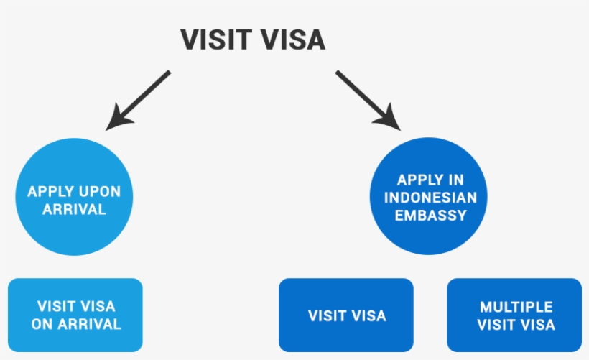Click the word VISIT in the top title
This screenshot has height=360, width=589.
(x=216, y=40)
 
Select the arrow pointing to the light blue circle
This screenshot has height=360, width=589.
(x=141, y=98)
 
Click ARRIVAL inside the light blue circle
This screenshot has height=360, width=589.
(x=74, y=210)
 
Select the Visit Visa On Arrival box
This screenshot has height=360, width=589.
(x=75, y=315)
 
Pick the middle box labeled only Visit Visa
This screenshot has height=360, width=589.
(x=346, y=315)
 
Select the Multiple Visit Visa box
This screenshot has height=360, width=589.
(x=514, y=315)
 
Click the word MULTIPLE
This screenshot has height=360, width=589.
(x=516, y=307)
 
